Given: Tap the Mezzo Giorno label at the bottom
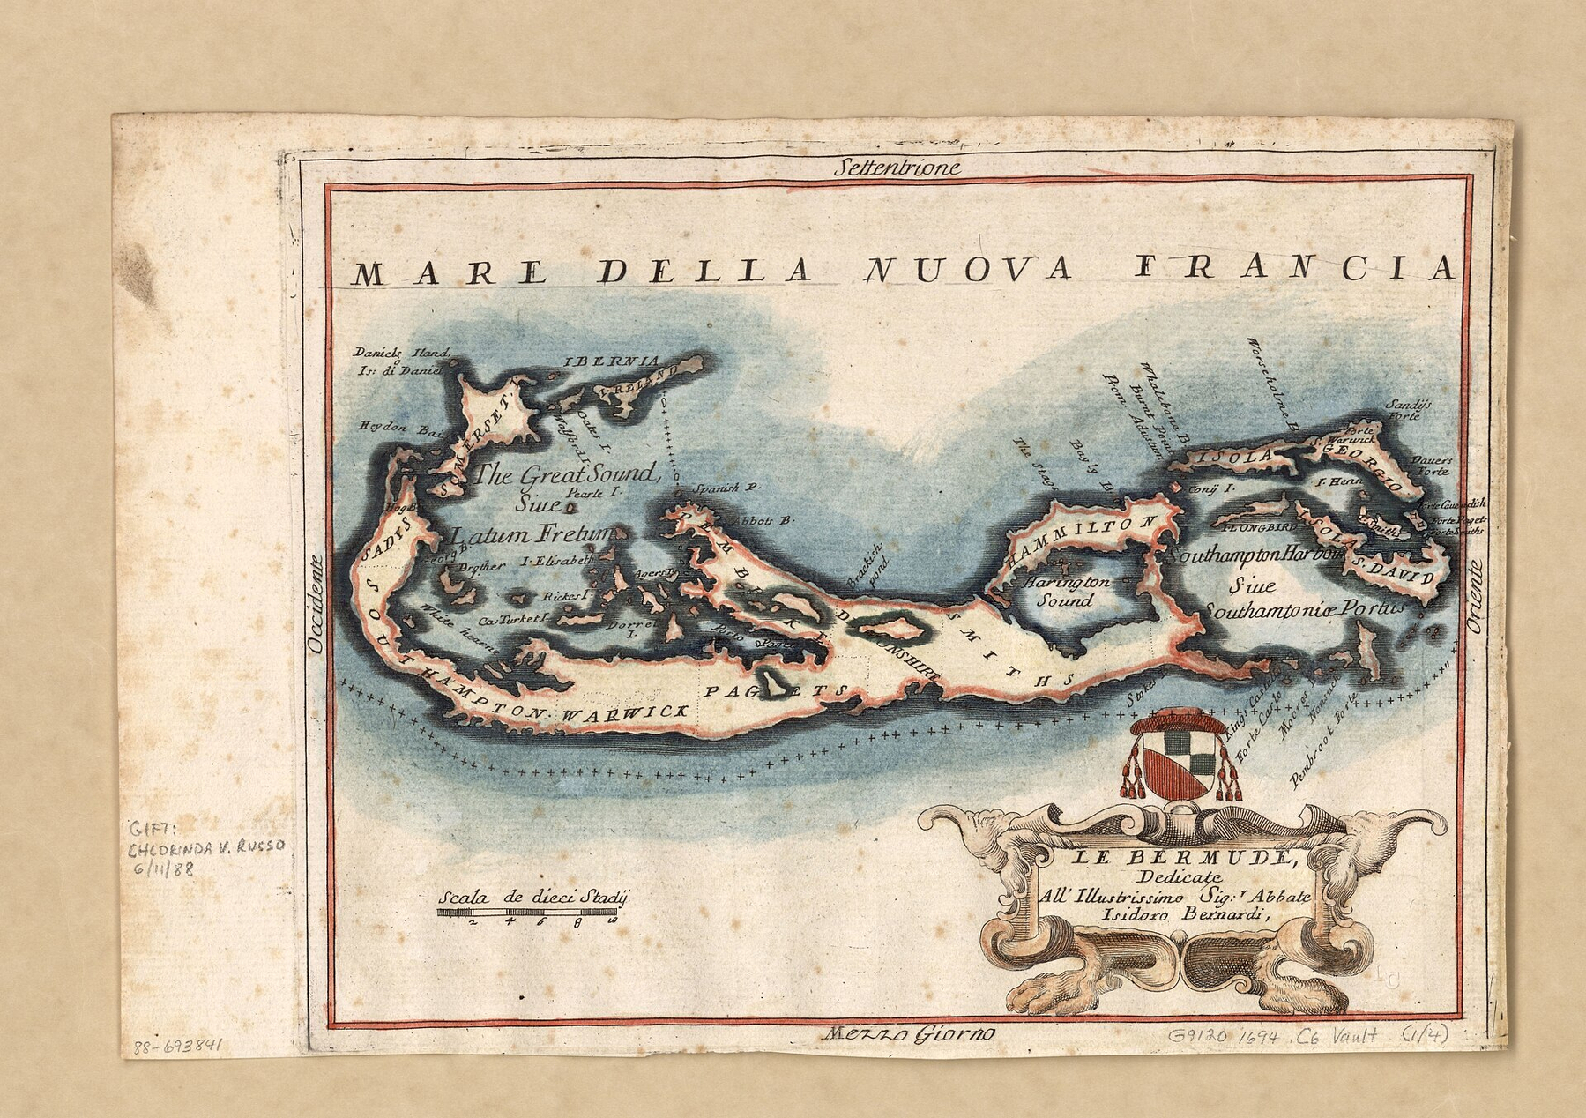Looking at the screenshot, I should tap(905, 1033).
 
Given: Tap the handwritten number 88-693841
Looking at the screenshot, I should tap(180, 1047).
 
